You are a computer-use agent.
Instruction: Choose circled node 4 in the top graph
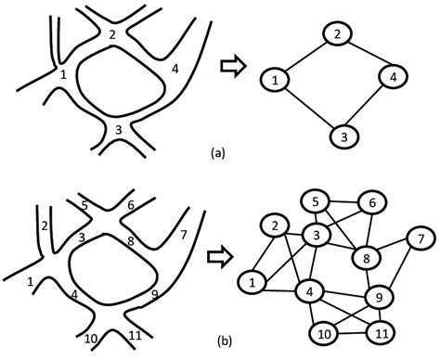(x=394, y=79)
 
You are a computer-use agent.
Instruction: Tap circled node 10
(x=325, y=333)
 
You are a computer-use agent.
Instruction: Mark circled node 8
(x=367, y=258)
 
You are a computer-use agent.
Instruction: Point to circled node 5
(x=317, y=201)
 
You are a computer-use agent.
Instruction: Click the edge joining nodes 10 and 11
(x=353, y=331)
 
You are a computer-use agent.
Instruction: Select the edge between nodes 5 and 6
(x=344, y=202)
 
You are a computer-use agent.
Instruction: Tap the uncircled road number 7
(x=184, y=234)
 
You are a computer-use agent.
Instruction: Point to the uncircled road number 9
(x=154, y=297)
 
